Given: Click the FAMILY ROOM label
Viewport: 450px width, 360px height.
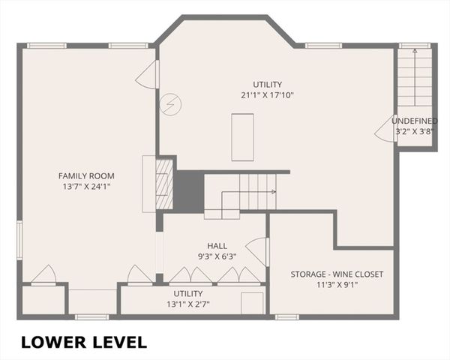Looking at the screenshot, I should tap(86, 175).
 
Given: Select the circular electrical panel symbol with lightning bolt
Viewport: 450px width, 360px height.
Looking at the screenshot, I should tap(169, 104).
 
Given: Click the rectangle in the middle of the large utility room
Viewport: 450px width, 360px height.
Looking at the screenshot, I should tap(242, 136).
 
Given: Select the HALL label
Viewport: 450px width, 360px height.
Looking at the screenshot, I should tap(217, 245).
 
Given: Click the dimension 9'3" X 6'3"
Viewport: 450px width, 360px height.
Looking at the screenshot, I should tap(217, 256).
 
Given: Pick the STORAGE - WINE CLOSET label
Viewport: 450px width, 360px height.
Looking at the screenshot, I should tap(337, 274).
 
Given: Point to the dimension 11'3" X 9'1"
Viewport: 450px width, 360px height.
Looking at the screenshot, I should tap(337, 285).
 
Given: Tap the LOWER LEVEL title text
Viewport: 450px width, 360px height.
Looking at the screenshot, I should tap(83, 342).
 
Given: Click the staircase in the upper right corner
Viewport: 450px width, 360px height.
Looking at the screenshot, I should tap(415, 77).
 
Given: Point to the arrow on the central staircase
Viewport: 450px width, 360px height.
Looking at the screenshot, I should tap(273, 192).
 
